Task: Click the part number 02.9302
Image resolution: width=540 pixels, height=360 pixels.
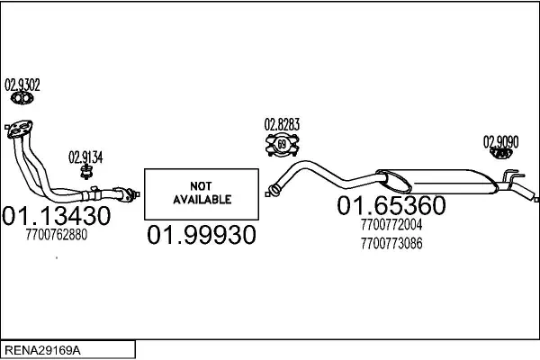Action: pyautogui.click(x=22, y=85)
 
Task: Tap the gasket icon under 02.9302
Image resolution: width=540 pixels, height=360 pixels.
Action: pyautogui.click(x=22, y=98)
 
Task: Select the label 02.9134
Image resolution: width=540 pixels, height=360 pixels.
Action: pyautogui.click(x=85, y=157)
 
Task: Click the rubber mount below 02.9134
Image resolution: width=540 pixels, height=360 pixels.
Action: pyautogui.click(x=85, y=172)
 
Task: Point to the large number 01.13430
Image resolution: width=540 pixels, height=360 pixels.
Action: pyautogui.click(x=56, y=216)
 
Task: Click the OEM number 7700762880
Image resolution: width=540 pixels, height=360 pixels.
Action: pyautogui.click(x=57, y=235)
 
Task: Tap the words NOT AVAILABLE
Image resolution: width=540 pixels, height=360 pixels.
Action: pyautogui.click(x=202, y=193)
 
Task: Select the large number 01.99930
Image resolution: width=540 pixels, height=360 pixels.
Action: pyautogui.click(x=202, y=235)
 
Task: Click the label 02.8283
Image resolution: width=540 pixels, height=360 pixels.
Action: pyautogui.click(x=282, y=124)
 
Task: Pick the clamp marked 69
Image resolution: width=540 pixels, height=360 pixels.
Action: pyautogui.click(x=282, y=144)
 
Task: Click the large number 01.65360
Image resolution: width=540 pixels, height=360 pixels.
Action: pyautogui.click(x=391, y=205)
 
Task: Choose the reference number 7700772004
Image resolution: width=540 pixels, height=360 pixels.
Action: pyautogui.click(x=391, y=225)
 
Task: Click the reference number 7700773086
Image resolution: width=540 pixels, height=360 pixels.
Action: pyautogui.click(x=391, y=244)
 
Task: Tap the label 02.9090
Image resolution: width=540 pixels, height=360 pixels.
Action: pyautogui.click(x=500, y=142)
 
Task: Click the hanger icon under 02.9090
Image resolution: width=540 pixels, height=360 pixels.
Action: pyautogui.click(x=500, y=153)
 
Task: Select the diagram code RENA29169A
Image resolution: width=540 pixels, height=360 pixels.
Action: pyautogui.click(x=42, y=350)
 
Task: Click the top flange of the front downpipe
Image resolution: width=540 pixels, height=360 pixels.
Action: pyautogui.click(x=20, y=130)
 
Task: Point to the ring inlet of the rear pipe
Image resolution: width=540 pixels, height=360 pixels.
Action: pyautogui.click(x=274, y=190)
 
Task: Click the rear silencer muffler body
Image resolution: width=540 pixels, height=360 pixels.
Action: pyautogui.click(x=437, y=181)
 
